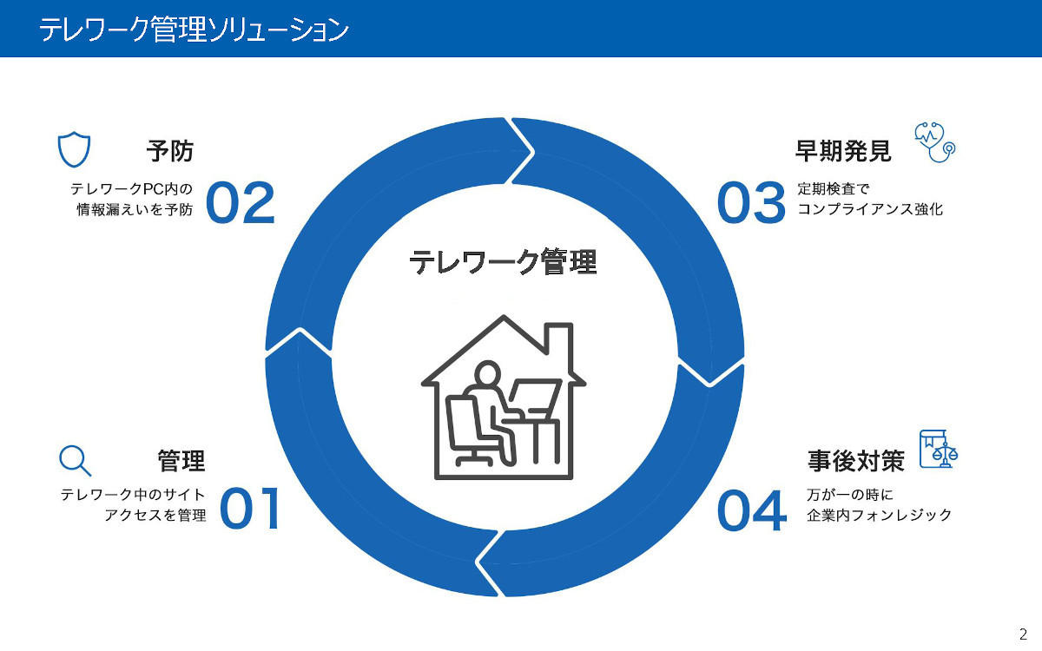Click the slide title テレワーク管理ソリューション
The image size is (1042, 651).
[194, 30]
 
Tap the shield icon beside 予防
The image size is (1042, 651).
[74, 149]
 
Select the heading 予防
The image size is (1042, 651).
[170, 151]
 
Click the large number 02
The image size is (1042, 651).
[241, 203]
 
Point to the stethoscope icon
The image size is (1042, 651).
[934, 142]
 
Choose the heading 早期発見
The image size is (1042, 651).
[843, 151]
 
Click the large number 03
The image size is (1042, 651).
[751, 203]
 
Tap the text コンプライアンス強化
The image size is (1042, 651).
[870, 209]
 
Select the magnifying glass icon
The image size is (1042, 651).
[76, 461]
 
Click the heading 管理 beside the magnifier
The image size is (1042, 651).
[181, 461]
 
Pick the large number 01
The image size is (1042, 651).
[250, 509]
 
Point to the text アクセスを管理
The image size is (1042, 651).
[155, 516]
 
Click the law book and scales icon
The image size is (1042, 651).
[939, 450]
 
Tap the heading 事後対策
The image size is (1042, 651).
[856, 461]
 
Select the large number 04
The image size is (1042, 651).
[752, 510]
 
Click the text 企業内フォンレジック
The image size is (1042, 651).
[879, 516]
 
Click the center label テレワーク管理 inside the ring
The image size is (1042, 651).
[503, 262]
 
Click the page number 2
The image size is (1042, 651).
[1023, 635]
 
